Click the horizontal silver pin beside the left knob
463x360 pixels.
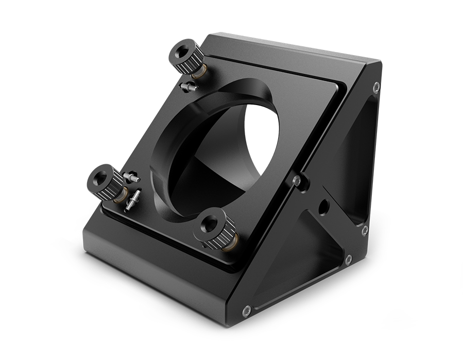(130, 177)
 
